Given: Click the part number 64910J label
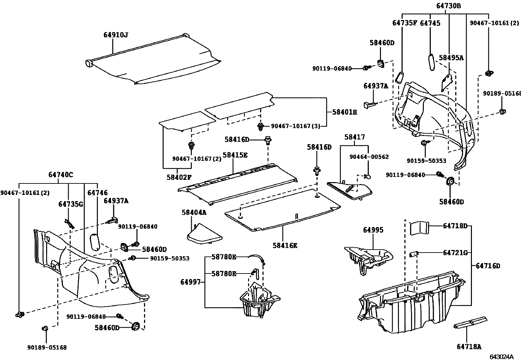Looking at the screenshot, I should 116,35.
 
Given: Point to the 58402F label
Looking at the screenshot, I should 179,177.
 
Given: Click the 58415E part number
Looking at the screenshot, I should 235,155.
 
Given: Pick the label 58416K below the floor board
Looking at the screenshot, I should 284,245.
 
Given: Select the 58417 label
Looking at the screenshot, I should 354,137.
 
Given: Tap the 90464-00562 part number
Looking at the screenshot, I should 369,157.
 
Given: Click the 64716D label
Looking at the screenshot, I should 488,266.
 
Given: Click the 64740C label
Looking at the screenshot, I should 61,175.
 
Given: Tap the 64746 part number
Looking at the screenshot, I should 97,193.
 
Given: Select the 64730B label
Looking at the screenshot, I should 448,6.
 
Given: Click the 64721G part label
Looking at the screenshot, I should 455,253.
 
